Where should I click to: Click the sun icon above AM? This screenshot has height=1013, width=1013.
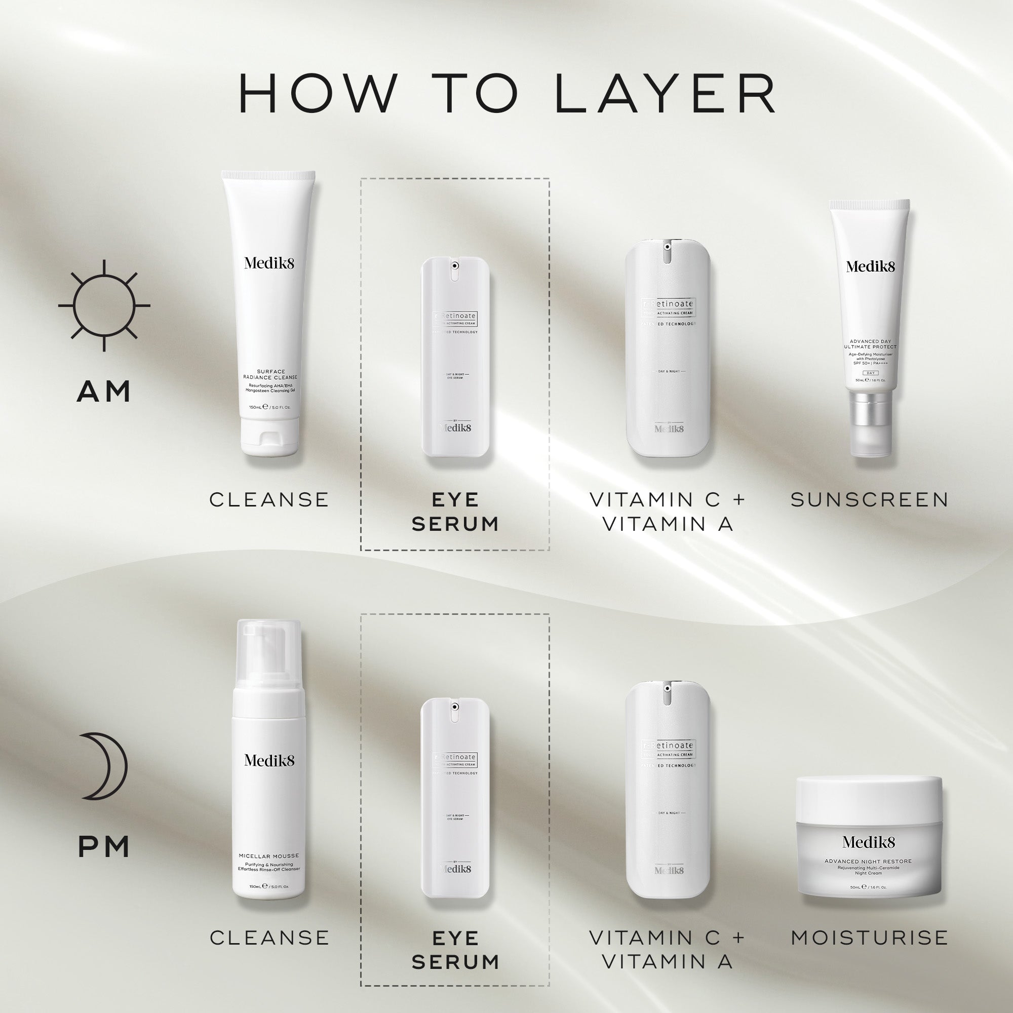pos(104,304)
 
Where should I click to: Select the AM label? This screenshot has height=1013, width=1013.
pos(104,392)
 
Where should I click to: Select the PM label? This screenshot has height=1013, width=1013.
pos(104,847)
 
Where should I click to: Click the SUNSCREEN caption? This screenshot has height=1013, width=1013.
pos(869,500)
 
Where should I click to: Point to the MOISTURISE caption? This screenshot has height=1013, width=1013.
pos(869,938)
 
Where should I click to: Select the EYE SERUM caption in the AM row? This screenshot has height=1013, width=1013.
pos(455,512)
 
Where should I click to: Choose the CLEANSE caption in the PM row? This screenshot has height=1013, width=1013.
pos(269,938)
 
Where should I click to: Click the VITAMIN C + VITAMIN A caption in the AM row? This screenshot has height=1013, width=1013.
pos(667,512)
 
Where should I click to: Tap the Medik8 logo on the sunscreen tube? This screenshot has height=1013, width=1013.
pos(870,267)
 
